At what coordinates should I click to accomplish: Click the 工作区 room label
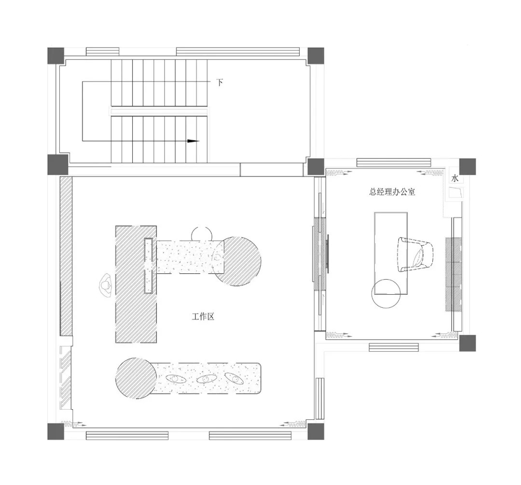203,316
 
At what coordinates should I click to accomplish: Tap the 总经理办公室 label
392,192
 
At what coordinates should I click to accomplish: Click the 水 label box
455,178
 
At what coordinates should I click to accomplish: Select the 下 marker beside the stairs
219,82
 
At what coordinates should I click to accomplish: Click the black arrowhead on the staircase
193,141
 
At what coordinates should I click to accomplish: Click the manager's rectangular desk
391,253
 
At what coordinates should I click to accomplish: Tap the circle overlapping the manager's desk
386,293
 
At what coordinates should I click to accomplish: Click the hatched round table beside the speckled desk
236,261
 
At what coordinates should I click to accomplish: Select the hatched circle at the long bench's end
136,378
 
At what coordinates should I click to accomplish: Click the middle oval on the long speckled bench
206,379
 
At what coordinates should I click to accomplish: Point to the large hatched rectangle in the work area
136,285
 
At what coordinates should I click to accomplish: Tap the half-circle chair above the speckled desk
202,233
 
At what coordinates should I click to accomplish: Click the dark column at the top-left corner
55,56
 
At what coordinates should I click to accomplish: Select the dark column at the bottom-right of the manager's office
467,343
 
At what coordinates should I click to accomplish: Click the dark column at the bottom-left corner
55,431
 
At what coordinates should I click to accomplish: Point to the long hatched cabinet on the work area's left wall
66,256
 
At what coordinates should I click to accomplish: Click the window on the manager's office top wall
394,163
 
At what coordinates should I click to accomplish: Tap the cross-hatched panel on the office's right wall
453,274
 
